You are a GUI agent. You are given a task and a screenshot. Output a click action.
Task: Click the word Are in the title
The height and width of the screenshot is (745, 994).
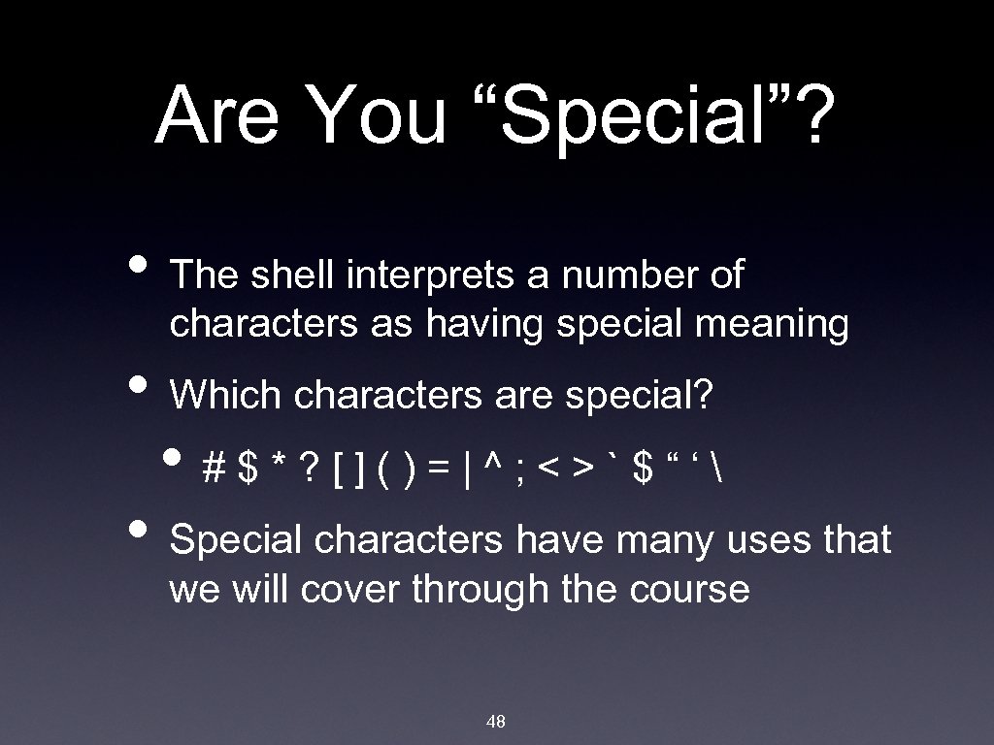[x=214, y=115]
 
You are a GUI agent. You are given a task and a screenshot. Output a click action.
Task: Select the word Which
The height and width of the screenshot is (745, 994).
[x=225, y=395]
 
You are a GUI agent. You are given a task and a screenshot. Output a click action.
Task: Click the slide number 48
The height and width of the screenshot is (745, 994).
[x=495, y=721]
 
